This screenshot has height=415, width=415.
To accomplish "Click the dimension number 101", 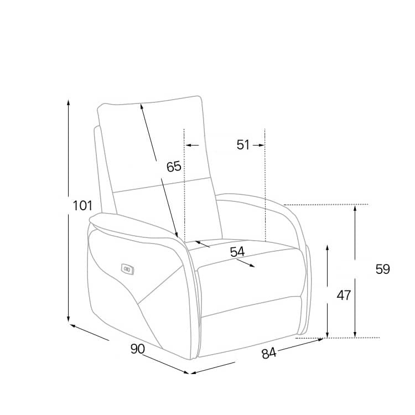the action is click(82, 206).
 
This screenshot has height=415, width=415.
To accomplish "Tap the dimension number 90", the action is click(138, 349).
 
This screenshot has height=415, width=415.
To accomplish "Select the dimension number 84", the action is click(269, 354).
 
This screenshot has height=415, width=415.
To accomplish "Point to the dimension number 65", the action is click(174, 167).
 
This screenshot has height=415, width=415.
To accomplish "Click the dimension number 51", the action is click(243, 145).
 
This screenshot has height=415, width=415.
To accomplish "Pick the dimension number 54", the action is click(237, 252).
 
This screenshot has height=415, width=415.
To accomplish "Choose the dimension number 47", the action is click(344, 295).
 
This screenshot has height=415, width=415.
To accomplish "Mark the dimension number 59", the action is click(383, 269).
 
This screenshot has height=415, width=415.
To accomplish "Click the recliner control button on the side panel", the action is click(128, 269).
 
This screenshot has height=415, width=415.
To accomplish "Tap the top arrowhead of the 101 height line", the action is click(69, 101).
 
